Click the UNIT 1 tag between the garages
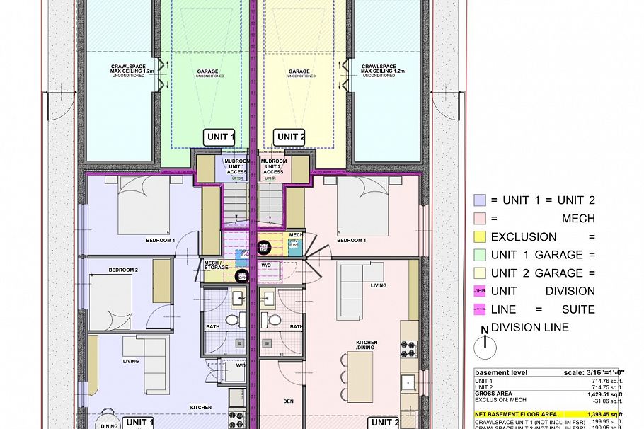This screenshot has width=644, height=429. coord(219,137)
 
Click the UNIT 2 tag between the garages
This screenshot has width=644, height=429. coord(290,137)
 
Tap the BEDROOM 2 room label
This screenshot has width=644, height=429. coord(123,270)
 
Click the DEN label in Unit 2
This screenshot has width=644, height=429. coord(288,401)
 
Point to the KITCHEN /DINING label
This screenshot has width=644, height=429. coord(367,345)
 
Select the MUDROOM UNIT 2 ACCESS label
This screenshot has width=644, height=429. coord(273,166)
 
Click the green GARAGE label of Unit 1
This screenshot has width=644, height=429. coord(207,72)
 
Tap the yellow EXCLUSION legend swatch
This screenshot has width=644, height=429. coord(480,236)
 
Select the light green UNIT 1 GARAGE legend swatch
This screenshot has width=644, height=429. coord(480,254)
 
